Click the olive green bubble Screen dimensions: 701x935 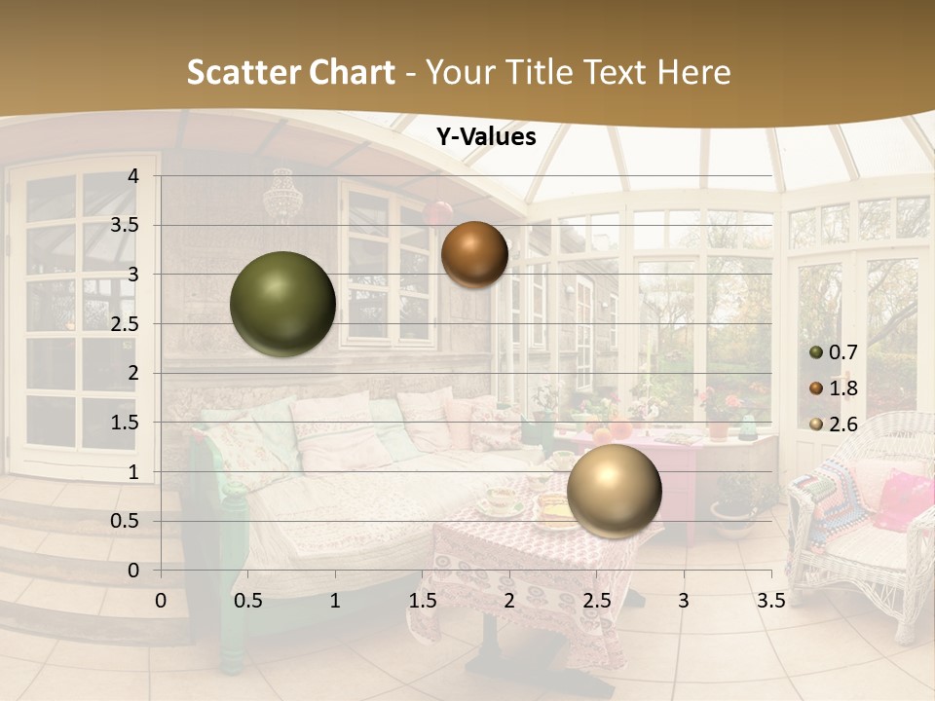tap(282, 304)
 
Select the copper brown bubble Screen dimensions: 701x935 tap(474, 254)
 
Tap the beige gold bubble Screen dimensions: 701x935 tap(614, 490)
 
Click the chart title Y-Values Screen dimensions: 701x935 tap(486, 137)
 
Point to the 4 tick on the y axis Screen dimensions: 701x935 tap(133, 176)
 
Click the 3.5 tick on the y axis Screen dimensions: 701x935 tap(125, 225)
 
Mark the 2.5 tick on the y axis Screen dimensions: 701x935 tap(125, 324)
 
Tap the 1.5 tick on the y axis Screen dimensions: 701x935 tap(125, 423)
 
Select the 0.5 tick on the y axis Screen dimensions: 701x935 tap(125, 521)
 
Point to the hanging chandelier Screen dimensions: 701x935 tap(282, 195)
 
